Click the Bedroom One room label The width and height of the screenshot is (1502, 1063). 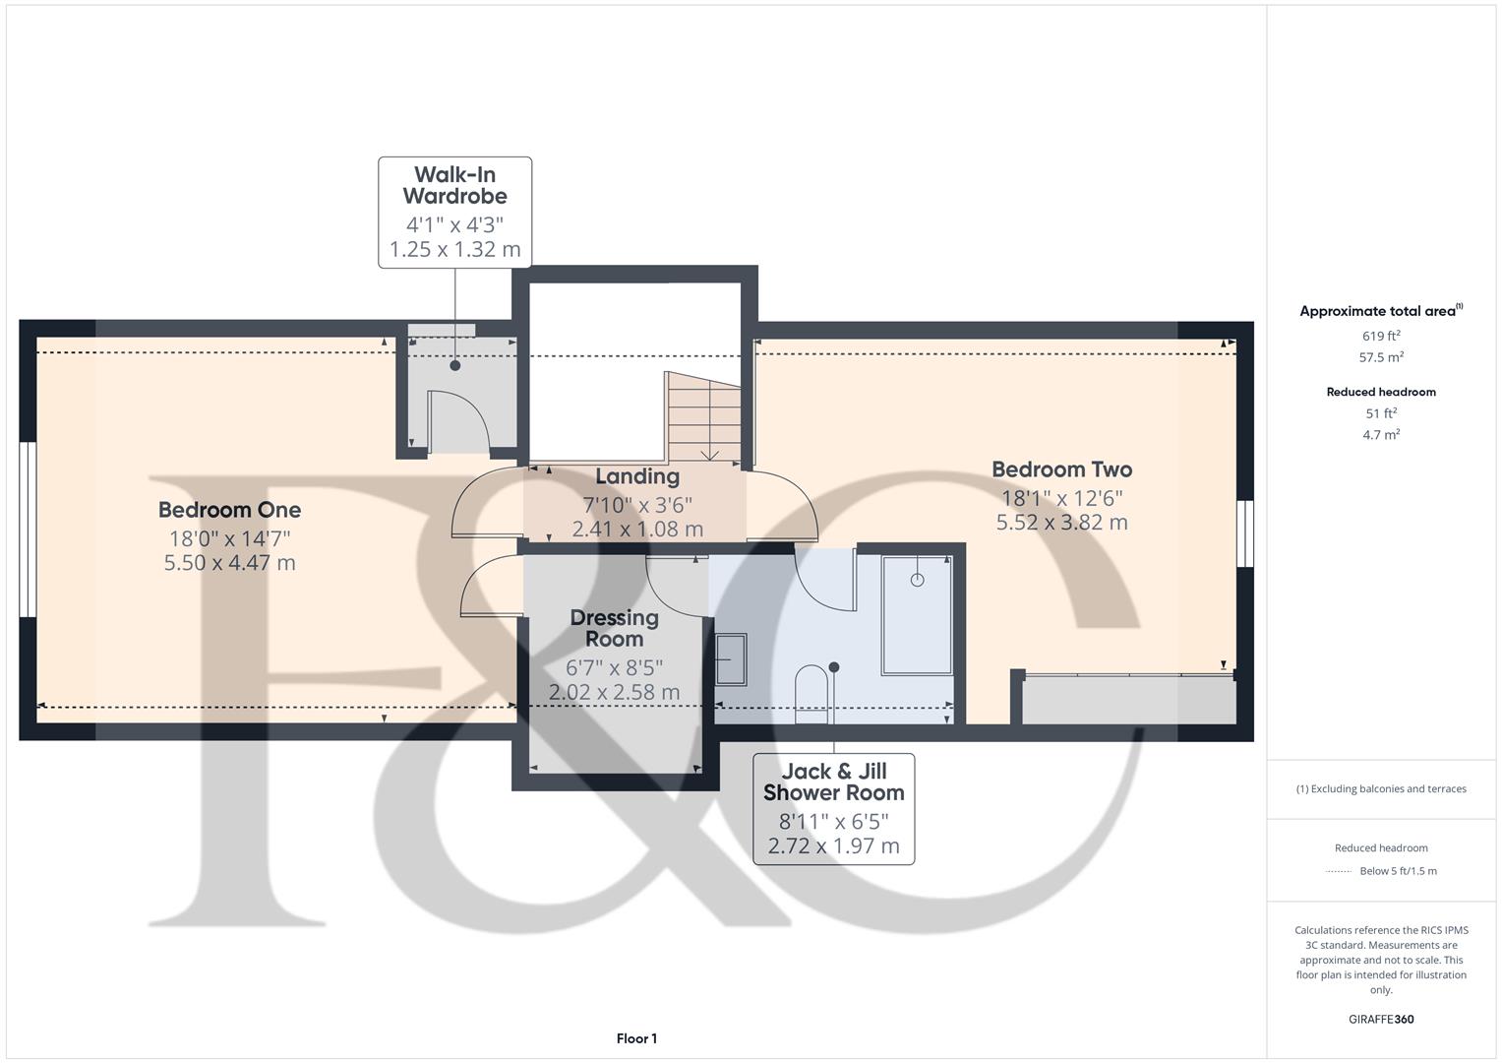pos(229,510)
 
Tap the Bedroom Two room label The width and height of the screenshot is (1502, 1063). pos(1061,469)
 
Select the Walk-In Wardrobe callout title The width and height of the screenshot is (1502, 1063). pos(454,185)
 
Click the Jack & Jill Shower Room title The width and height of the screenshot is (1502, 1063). pos(833,782)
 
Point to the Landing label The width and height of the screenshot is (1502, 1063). pos(637,476)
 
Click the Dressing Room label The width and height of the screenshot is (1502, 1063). pos(614,628)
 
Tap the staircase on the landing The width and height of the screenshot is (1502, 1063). pos(703,418)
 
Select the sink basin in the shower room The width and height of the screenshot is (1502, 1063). pos(730,658)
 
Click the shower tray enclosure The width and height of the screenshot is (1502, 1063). pos(917,615)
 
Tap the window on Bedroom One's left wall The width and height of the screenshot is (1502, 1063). pos(28,530)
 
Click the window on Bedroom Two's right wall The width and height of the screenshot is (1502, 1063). pos(1245,533)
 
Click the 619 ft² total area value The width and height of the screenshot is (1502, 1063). pos(1381,336)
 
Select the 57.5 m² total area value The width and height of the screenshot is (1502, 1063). pos(1381,357)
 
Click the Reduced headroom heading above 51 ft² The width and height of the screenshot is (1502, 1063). pos(1381,392)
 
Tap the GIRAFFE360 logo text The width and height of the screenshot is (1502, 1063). pos(1381,1019)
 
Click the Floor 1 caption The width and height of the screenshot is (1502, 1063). pos(636,1038)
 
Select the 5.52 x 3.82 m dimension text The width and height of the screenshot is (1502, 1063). pos(1061,523)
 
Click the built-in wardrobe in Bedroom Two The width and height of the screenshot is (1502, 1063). pos(1128,700)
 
